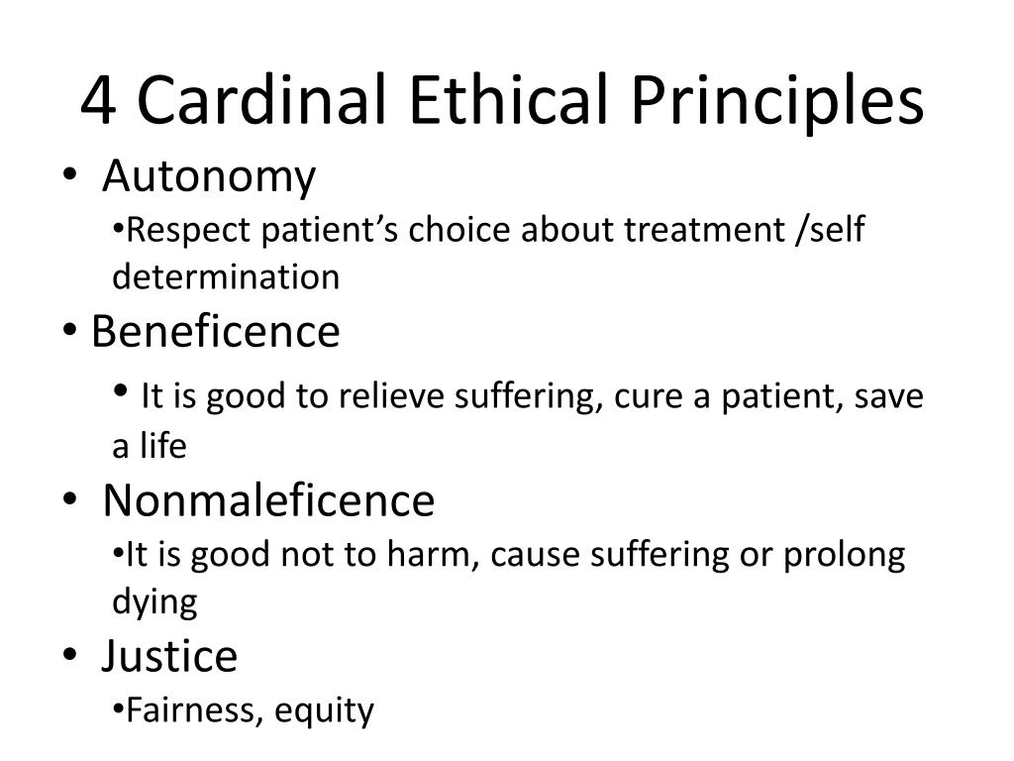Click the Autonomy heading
click(x=209, y=177)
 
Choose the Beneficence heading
click(x=215, y=332)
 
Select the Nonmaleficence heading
click(x=268, y=500)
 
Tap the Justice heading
click(x=169, y=656)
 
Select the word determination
click(x=226, y=277)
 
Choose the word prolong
click(x=845, y=555)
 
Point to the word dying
click(x=154, y=602)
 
